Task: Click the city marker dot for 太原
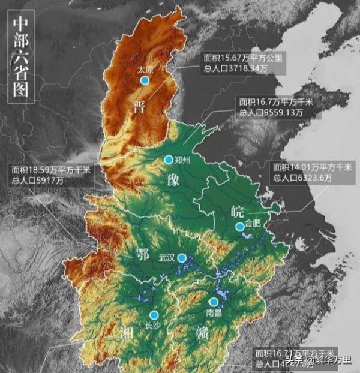(144, 80)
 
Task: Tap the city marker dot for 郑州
(169, 160)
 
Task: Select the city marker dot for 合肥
(240, 227)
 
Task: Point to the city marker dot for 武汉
(182, 257)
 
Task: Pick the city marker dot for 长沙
(154, 315)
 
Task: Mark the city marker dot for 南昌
(214, 302)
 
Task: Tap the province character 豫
(169, 181)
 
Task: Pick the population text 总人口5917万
(37, 181)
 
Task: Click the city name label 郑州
(182, 160)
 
